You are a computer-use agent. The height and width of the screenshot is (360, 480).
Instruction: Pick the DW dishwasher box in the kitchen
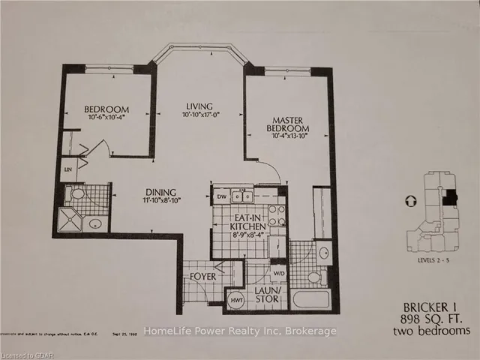click(220, 198)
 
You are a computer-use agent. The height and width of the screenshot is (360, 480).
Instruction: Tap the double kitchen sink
click(242, 198)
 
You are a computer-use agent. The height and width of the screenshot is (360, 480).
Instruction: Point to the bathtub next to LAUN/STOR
click(310, 299)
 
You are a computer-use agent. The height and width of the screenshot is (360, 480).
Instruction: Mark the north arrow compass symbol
click(408, 201)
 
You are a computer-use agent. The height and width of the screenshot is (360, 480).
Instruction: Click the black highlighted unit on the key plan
click(448, 197)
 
